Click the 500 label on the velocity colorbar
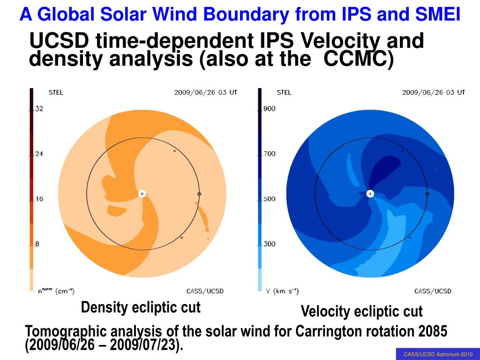(x=270, y=199)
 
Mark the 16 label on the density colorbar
(x=39, y=199)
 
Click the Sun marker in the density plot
(x=142, y=194)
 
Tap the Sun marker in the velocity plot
(x=370, y=194)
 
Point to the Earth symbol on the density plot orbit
(x=199, y=194)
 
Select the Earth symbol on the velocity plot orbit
(x=427, y=194)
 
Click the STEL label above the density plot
(x=56, y=92)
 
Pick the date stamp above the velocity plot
(x=434, y=92)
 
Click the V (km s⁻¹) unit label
(x=282, y=291)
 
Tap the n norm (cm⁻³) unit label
(x=56, y=291)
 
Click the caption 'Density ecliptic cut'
(x=141, y=307)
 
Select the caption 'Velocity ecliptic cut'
(x=362, y=311)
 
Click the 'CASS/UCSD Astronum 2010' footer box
(x=438, y=354)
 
